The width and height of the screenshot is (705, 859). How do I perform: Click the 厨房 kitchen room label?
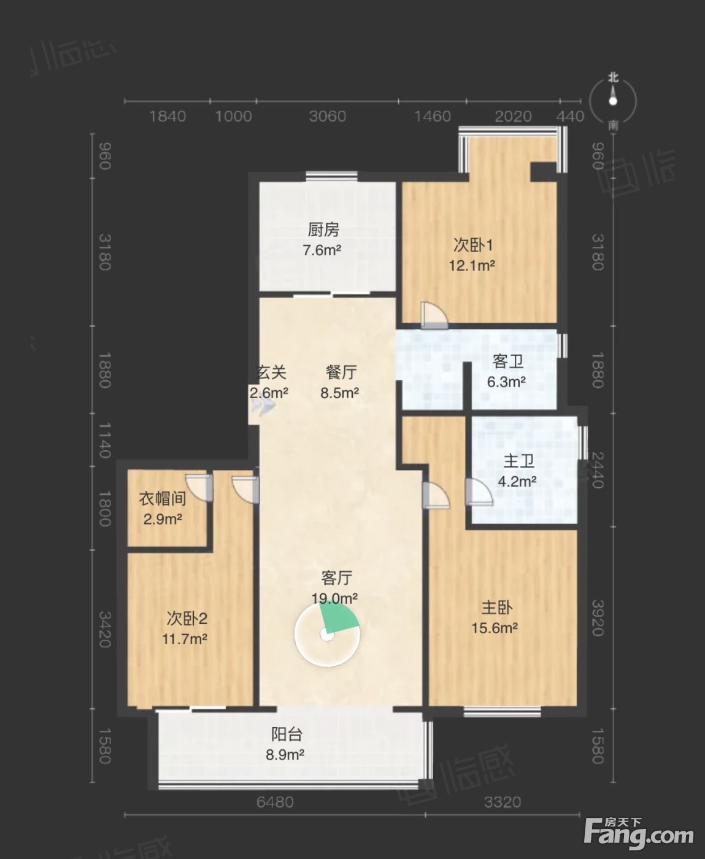pos(323,230)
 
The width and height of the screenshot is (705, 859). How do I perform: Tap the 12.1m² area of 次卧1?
pos(472,266)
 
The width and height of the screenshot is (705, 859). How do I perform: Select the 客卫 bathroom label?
pos(507,361)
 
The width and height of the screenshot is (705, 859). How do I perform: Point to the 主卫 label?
pos(518,461)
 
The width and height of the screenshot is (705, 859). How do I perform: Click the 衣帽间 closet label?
pos(163,499)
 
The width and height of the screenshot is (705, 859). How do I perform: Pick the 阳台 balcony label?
pos(287,734)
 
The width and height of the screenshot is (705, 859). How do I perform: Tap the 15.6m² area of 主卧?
pos(495,628)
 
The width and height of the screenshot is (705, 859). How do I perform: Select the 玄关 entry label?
pos(271,372)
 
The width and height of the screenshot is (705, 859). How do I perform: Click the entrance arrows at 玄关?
pos(262,406)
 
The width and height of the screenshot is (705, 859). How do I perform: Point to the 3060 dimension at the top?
pos(328,117)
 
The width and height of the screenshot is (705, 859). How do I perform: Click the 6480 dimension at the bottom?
pos(275,803)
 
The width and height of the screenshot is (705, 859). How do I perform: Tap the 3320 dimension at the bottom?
pos(503,803)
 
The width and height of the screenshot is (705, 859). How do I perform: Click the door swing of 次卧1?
pos(434,315)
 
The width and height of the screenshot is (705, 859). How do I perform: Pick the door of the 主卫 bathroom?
pos(479,492)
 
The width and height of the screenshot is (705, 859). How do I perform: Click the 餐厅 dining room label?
pos(341,372)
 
